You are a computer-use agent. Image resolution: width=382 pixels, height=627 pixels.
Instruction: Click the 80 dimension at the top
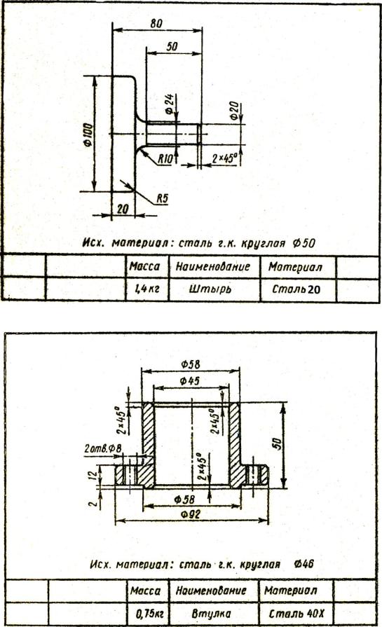click(156, 24)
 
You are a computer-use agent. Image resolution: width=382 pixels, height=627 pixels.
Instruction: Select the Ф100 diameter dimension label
click(88, 135)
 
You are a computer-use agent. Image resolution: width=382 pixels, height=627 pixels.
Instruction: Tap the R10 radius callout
click(165, 159)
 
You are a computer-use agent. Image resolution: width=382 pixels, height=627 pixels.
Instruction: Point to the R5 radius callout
click(162, 199)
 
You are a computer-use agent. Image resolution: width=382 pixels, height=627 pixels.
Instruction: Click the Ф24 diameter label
click(169, 104)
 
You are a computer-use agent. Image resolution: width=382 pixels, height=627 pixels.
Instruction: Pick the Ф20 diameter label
click(235, 111)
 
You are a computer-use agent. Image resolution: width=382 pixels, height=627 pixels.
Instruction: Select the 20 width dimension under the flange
click(123, 209)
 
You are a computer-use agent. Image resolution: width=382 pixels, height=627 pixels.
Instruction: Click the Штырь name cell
click(210, 289)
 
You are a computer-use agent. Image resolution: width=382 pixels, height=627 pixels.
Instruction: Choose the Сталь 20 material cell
click(296, 289)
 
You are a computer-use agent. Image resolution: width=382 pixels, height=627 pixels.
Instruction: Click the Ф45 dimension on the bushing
click(189, 380)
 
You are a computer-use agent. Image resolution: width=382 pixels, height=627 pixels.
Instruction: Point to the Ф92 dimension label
click(191, 514)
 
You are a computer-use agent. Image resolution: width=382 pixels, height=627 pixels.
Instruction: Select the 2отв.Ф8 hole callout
click(103, 448)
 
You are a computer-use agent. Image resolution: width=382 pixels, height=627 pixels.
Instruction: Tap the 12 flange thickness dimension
click(93, 475)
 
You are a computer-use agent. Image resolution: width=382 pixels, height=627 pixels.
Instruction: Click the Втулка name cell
click(211, 613)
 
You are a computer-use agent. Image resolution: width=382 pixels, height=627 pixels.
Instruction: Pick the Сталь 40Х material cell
click(296, 613)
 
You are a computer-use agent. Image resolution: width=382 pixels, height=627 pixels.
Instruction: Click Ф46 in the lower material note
click(303, 564)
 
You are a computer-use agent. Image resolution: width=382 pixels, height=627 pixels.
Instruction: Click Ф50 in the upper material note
click(304, 242)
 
